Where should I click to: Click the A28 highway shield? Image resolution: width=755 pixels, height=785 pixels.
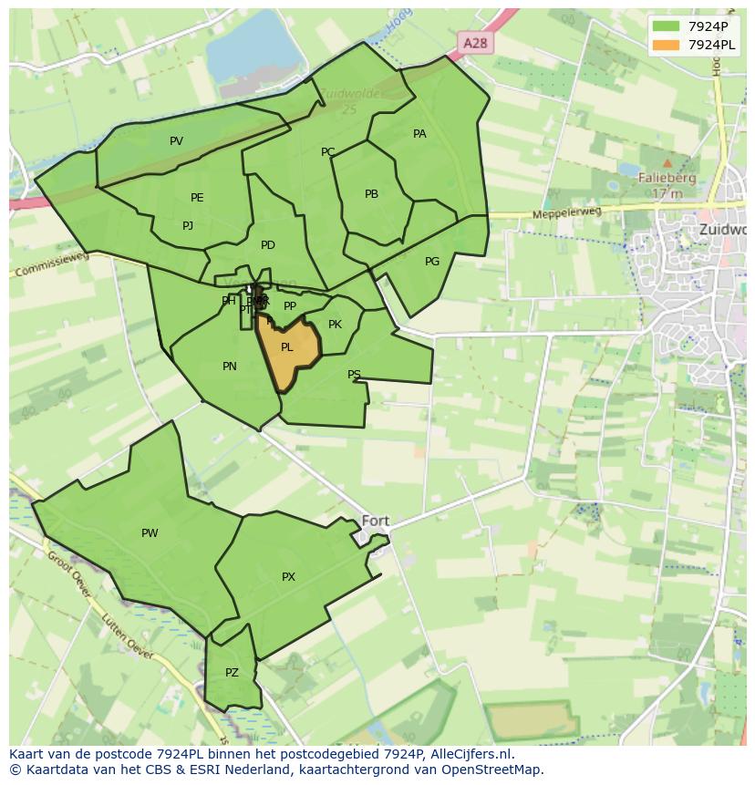[474, 43]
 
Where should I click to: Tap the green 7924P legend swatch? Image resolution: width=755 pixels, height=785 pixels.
[667, 26]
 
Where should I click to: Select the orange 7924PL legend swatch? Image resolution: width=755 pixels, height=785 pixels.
[667, 45]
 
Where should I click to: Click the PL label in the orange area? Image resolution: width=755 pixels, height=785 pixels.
[287, 347]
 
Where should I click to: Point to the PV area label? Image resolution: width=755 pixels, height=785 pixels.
[176, 141]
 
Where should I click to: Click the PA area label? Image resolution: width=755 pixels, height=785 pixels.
[419, 134]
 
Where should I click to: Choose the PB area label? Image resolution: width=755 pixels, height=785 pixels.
[371, 194]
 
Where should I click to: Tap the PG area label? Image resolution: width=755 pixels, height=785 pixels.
[432, 262]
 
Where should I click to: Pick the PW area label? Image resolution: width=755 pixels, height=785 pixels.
[150, 533]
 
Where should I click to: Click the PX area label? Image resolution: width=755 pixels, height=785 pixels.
[288, 577]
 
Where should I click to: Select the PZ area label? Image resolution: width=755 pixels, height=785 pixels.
[232, 673]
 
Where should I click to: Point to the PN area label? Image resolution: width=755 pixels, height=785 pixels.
[230, 367]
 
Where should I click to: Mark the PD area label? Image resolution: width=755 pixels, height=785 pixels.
[268, 245]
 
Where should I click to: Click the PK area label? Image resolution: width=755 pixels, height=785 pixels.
[335, 325]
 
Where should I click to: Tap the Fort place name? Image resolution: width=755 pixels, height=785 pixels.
[376, 521]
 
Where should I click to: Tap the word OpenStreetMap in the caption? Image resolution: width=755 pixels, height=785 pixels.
[491, 770]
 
